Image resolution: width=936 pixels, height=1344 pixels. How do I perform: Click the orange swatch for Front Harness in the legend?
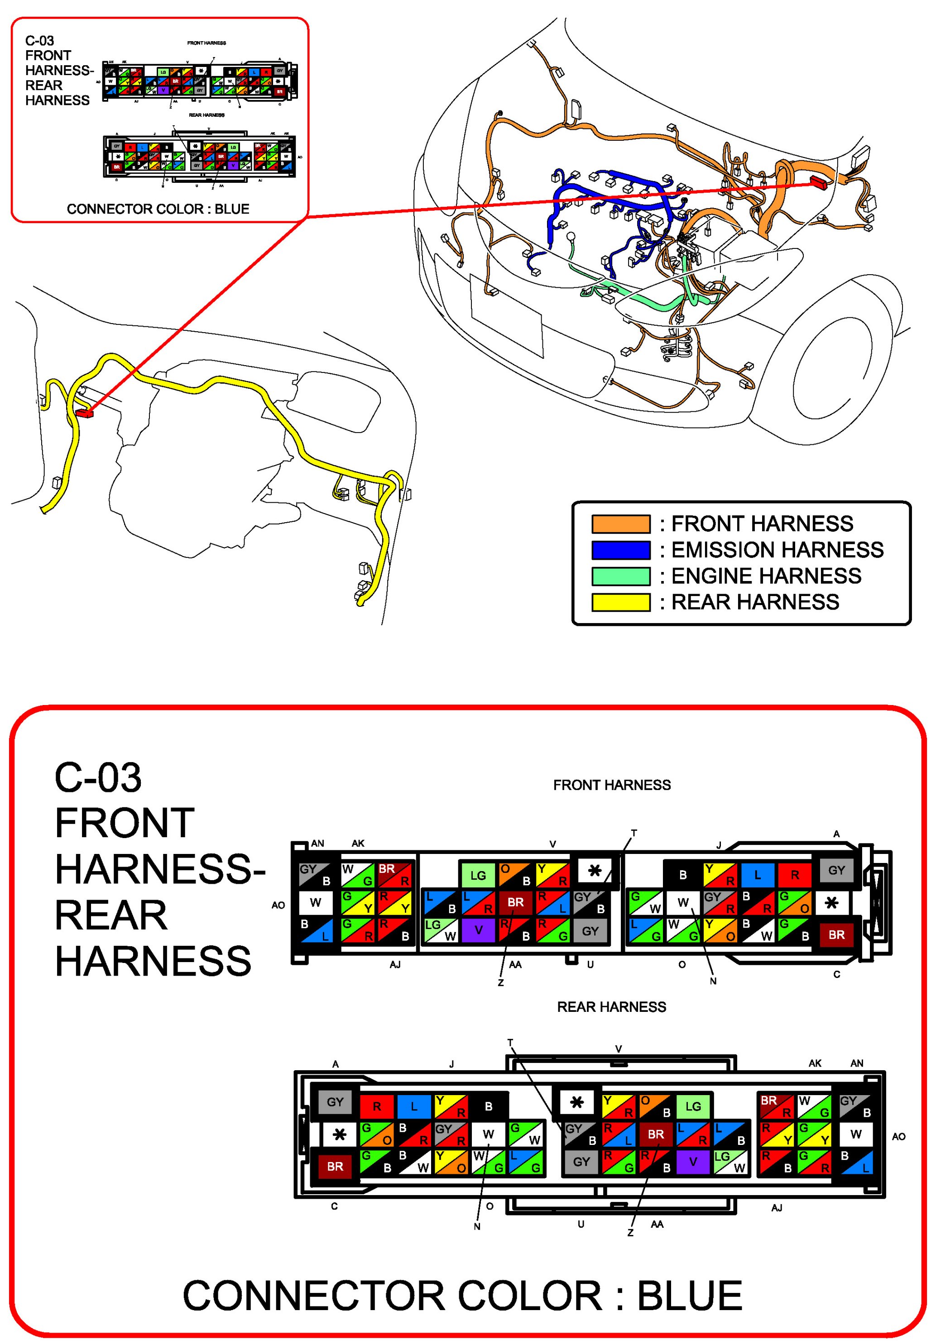pos(620,523)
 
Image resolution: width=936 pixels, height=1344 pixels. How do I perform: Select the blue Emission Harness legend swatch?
pos(620,550)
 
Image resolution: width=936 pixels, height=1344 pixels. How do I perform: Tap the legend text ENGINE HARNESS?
pos(766,576)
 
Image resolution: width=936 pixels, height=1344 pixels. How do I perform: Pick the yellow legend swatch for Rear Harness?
pos(620,602)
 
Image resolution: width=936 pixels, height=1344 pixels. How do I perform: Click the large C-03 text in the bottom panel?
pos(98,778)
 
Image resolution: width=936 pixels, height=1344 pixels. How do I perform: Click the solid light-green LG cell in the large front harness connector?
pos(478,875)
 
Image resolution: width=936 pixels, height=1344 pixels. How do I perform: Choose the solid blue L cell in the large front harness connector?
pos(757,875)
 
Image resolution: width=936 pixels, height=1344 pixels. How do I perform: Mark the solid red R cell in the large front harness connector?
pos(794,875)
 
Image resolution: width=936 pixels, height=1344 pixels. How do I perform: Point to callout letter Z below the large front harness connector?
pos(501,983)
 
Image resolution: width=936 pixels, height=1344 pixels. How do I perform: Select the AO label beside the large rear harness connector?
pos(898,1136)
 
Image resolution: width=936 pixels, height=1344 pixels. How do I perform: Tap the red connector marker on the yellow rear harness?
pos(84,413)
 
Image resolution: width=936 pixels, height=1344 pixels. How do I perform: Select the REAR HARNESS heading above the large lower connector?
pos(611,1007)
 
